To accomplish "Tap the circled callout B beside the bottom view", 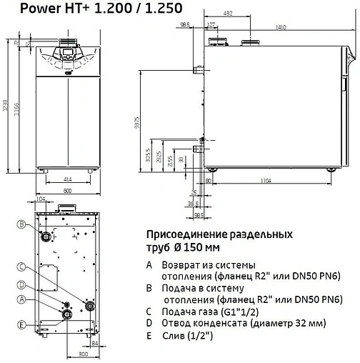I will click(x=21, y=225).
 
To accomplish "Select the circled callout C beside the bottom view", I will click(x=21, y=268).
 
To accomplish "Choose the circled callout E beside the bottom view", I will click(x=21, y=324).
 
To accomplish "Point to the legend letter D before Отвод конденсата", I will click(x=148, y=323).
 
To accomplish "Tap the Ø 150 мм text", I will click(x=197, y=247).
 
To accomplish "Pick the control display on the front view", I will click(x=65, y=54).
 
